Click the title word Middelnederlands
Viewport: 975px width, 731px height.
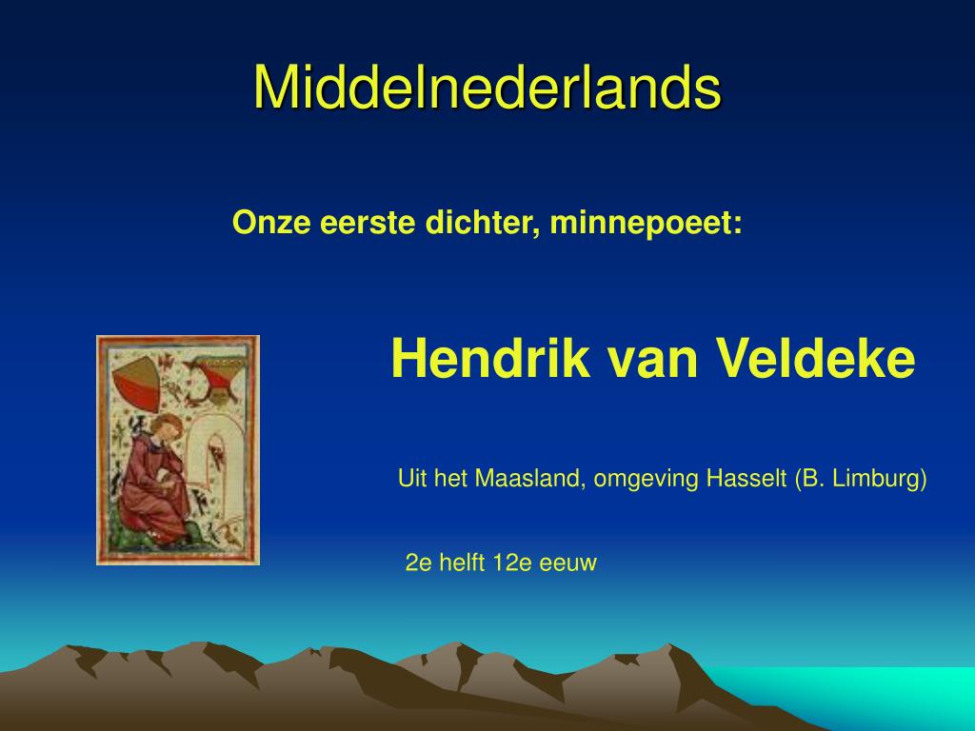[487, 87]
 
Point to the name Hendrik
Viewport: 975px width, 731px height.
[490, 358]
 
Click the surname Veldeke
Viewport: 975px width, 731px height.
[815, 358]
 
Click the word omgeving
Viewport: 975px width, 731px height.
[647, 480]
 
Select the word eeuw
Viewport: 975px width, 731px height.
[567, 563]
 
